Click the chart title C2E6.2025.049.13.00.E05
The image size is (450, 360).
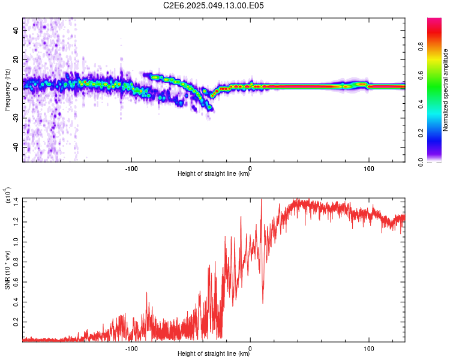pos(213,5)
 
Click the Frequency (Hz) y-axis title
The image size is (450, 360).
pos(7,90)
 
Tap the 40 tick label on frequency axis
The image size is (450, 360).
pos(16,30)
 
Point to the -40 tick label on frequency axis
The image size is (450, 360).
pos(16,148)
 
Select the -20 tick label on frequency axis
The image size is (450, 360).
pos(16,118)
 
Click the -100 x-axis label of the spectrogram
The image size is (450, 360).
pos(131,169)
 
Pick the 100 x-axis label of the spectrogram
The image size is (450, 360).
pos(369,169)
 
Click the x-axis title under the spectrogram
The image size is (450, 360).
pos(214,173)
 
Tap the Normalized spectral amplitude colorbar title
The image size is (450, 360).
pos(445,90)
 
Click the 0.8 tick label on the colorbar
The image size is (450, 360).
pos(421,46)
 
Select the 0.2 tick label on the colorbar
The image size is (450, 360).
pos(421,133)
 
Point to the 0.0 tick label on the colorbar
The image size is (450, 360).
pos(421,162)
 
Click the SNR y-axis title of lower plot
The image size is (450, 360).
pos(7,270)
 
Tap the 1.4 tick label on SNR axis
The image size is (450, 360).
pos(16,202)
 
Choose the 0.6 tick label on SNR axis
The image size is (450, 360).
pos(16,282)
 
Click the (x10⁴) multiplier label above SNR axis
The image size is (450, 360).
pos(8,195)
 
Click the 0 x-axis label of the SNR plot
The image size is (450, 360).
pos(250,349)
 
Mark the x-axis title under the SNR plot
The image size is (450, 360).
pos(214,353)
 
